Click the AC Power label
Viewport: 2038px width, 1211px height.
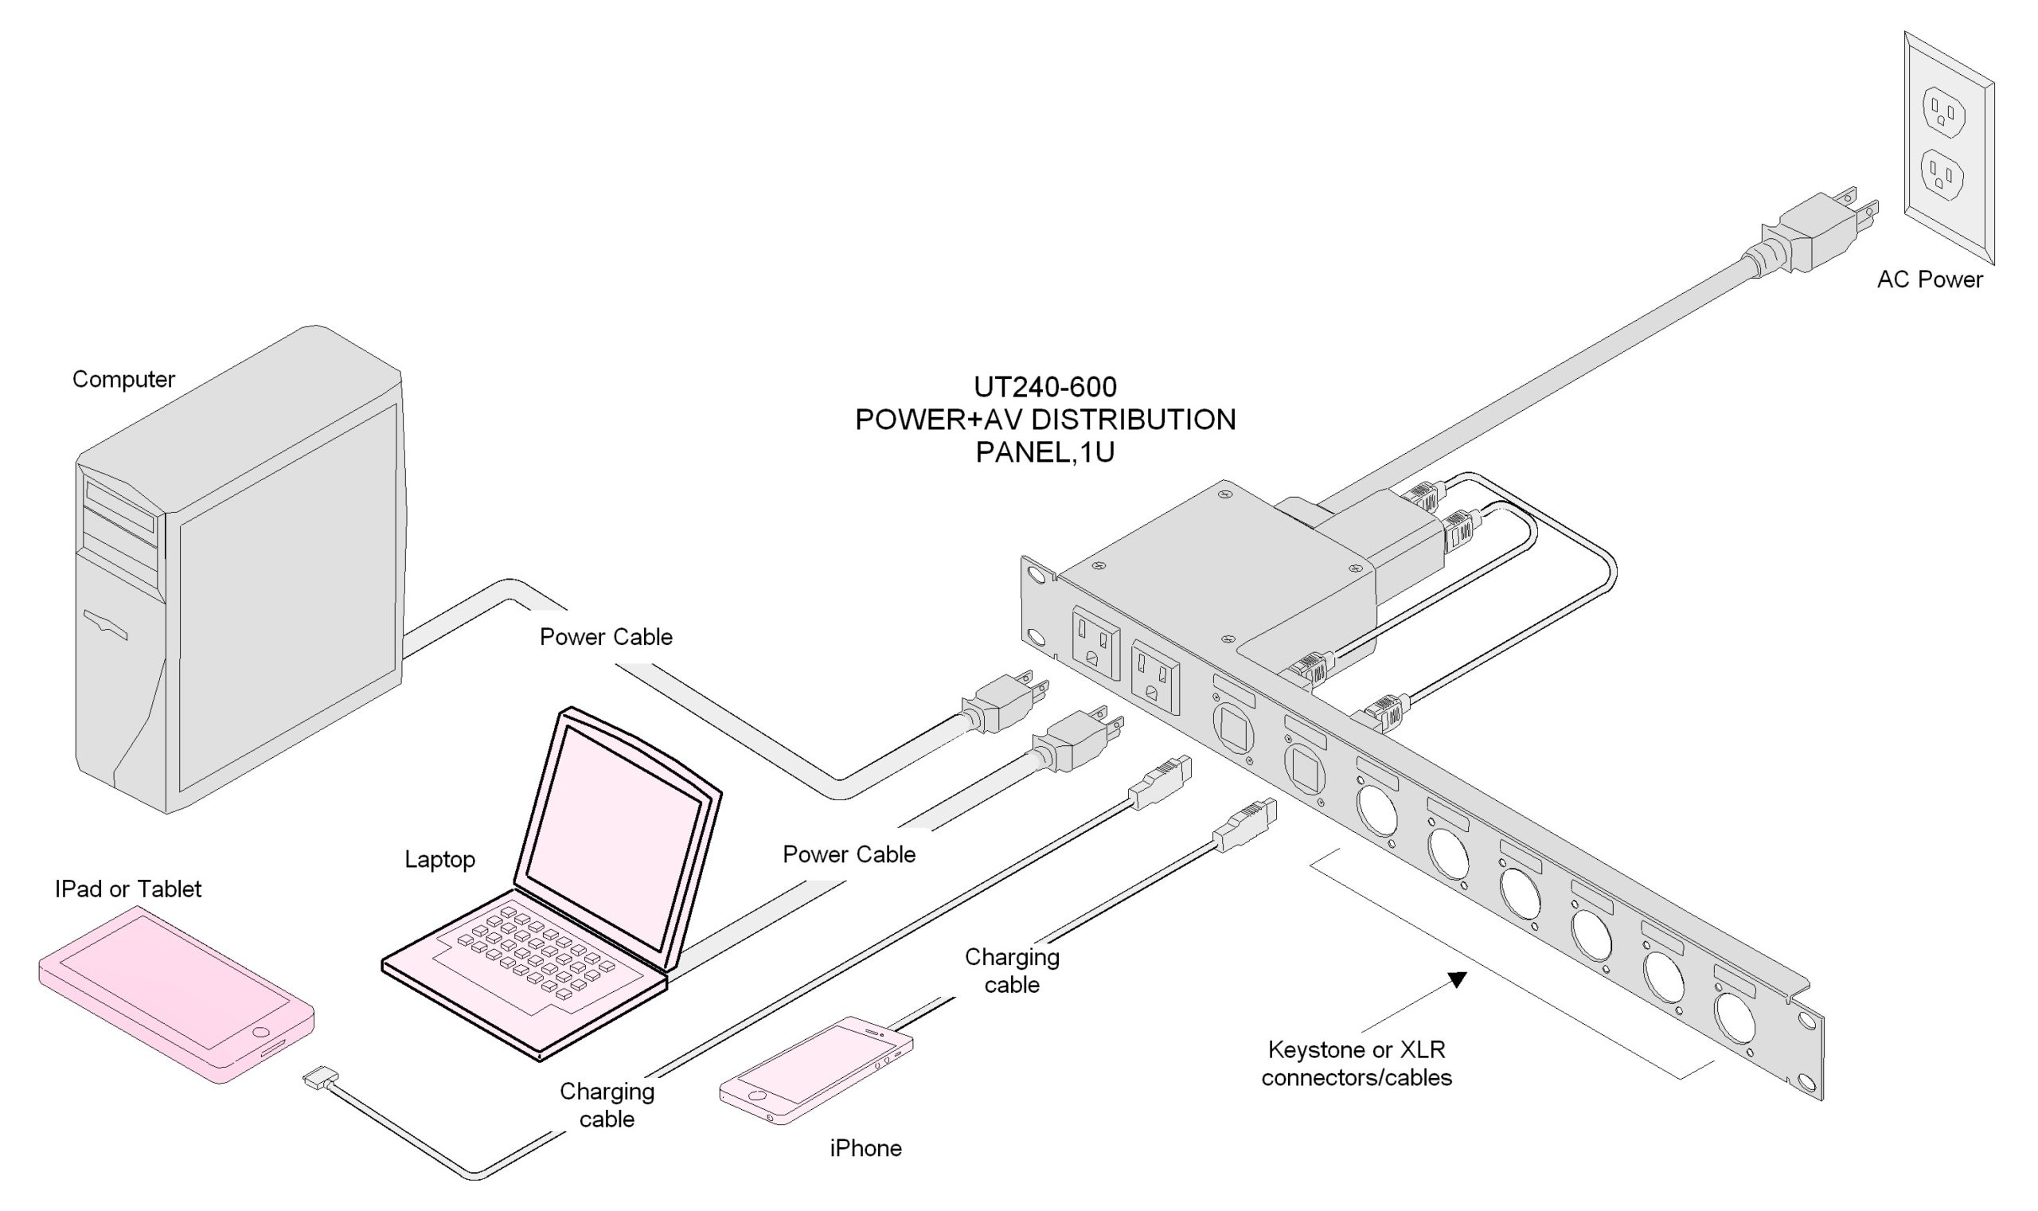pos(1929,280)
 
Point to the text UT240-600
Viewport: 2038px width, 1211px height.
pos(1045,386)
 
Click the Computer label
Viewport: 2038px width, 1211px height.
pos(123,380)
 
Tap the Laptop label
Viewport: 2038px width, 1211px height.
pos(439,859)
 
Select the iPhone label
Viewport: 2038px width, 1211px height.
pos(865,1148)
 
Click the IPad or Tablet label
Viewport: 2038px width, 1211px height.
pos(128,889)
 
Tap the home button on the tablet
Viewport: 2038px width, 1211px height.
pos(261,1033)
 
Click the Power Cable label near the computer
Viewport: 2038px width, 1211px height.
pos(606,637)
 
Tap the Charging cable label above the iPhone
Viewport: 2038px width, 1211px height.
pos(1012,971)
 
